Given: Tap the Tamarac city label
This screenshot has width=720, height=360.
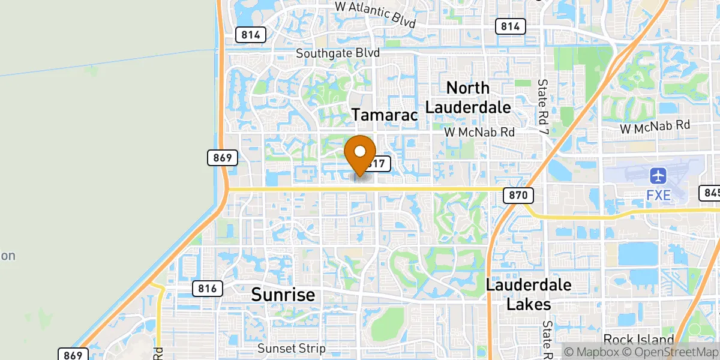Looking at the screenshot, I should [x=384, y=115].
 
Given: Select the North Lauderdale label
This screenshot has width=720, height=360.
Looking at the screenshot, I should [x=468, y=98].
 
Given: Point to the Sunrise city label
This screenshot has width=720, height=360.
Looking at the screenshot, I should [x=283, y=295].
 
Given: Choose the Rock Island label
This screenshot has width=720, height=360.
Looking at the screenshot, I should [x=638, y=339].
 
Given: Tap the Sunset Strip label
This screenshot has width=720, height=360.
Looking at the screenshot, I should [x=291, y=348].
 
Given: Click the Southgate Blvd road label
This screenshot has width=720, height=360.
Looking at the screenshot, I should [x=338, y=53].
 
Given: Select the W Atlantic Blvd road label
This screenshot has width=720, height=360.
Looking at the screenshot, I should [x=375, y=13].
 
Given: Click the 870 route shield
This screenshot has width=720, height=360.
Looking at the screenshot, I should [x=518, y=194].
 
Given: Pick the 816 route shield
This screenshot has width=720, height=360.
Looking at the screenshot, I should [x=208, y=288].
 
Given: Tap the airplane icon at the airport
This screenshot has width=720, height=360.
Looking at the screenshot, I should [x=659, y=176].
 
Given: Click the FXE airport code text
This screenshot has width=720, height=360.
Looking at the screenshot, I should [x=659, y=196].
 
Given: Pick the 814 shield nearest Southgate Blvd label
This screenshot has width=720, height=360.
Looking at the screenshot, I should [x=250, y=34].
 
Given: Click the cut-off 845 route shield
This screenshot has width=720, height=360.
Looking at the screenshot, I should [x=710, y=193].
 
